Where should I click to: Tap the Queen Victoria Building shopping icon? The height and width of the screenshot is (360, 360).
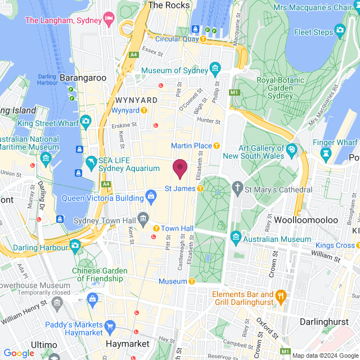point(151,196)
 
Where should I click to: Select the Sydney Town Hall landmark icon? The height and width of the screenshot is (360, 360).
point(143,218)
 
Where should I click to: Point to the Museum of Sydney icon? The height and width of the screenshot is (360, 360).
point(214,69)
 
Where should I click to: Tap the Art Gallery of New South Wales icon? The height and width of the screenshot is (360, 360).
point(291,150)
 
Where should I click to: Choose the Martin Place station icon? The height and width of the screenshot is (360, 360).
point(217,146)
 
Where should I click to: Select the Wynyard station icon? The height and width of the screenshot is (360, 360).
point(144,110)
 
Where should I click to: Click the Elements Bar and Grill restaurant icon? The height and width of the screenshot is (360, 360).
point(281,295)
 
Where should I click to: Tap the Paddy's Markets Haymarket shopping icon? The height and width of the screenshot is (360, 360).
point(110,326)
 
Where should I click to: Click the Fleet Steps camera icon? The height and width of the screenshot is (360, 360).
point(340,29)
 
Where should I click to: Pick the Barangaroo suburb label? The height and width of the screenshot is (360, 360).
point(83,78)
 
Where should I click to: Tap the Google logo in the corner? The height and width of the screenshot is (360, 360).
point(19,353)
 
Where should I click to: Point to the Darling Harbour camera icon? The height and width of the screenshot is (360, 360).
point(75,245)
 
